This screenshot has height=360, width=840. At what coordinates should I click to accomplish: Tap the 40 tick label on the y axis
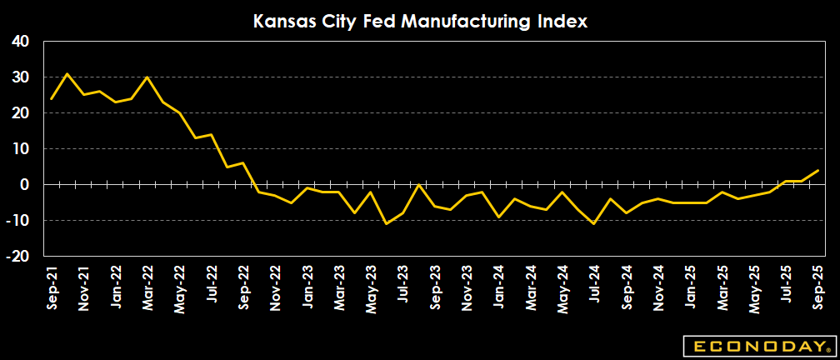tap(20, 42)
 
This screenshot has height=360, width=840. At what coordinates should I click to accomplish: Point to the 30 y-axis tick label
tap(20, 77)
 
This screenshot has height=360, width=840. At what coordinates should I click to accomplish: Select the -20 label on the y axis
tap(17, 257)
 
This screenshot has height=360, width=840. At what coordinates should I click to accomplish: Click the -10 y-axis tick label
tap(17, 221)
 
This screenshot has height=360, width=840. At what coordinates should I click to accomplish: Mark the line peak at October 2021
tap(67, 73)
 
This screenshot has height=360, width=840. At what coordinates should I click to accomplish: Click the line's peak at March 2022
tap(147, 77)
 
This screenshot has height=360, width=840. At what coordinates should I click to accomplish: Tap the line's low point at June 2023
tap(387, 223)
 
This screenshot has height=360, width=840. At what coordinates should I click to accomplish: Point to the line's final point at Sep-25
tap(817, 170)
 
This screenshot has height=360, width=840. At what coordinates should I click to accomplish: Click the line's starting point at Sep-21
tap(52, 99)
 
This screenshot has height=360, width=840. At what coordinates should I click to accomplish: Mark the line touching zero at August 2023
tap(419, 184)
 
